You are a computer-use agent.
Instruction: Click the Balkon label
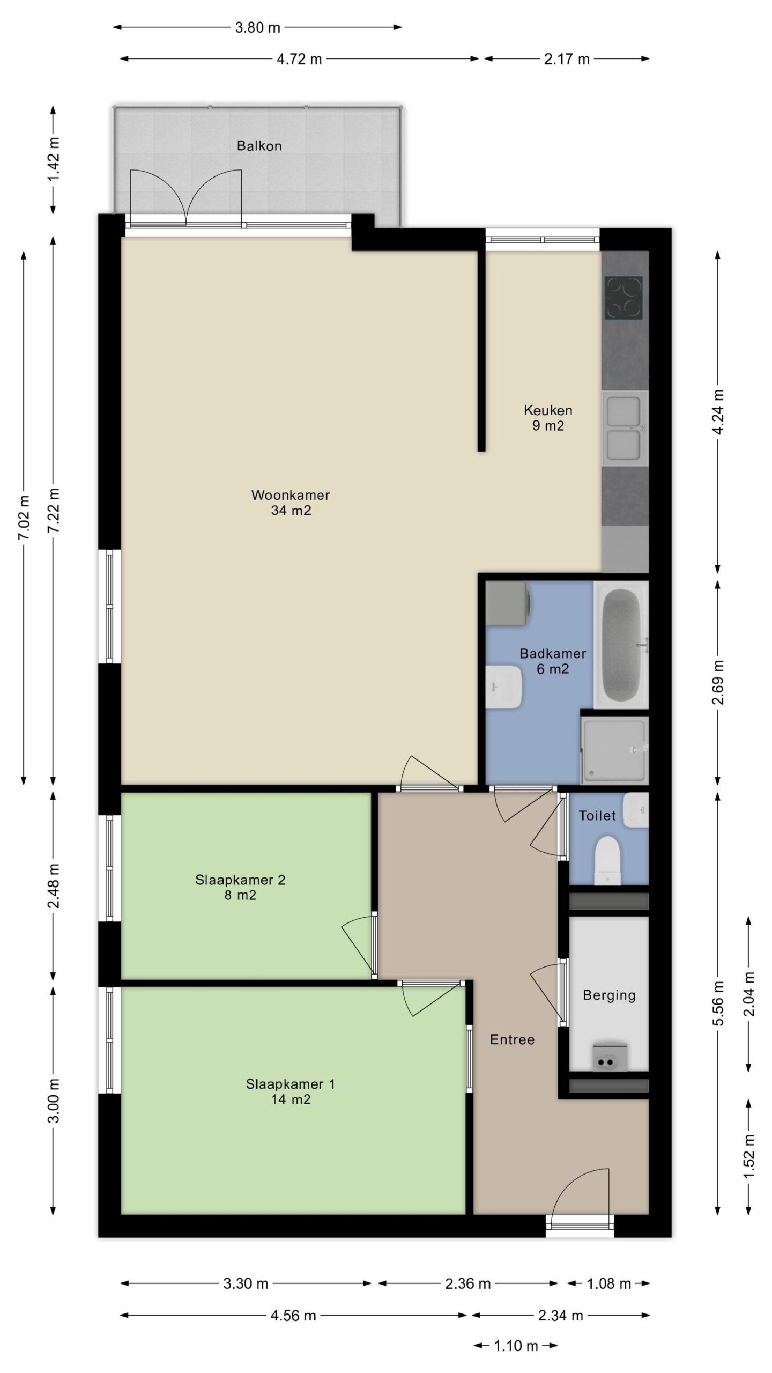tap(259, 145)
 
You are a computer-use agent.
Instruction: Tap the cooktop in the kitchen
tap(623, 297)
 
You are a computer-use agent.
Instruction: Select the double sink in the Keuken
tap(625, 429)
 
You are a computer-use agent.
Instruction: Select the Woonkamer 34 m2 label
tap(291, 503)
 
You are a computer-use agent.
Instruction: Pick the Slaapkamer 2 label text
tap(240, 880)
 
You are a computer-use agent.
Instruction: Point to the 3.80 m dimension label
tap(258, 27)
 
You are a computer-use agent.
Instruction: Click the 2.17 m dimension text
tap(567, 59)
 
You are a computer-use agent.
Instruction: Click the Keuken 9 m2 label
tap(548, 418)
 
